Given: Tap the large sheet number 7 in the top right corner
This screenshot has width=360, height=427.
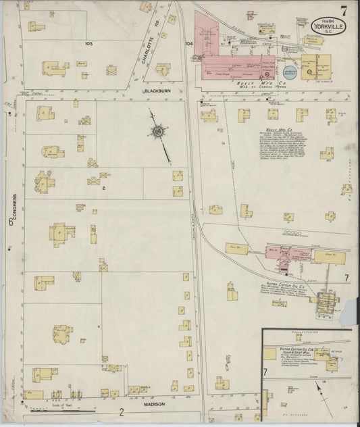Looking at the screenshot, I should [x=344, y=11].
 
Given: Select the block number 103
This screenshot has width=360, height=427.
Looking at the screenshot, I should [x=88, y=43].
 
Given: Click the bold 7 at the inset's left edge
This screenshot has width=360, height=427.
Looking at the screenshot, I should [x=266, y=371].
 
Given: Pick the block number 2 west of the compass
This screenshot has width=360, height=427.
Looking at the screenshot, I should [x=103, y=190].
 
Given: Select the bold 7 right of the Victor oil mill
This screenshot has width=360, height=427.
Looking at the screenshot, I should [x=346, y=278].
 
